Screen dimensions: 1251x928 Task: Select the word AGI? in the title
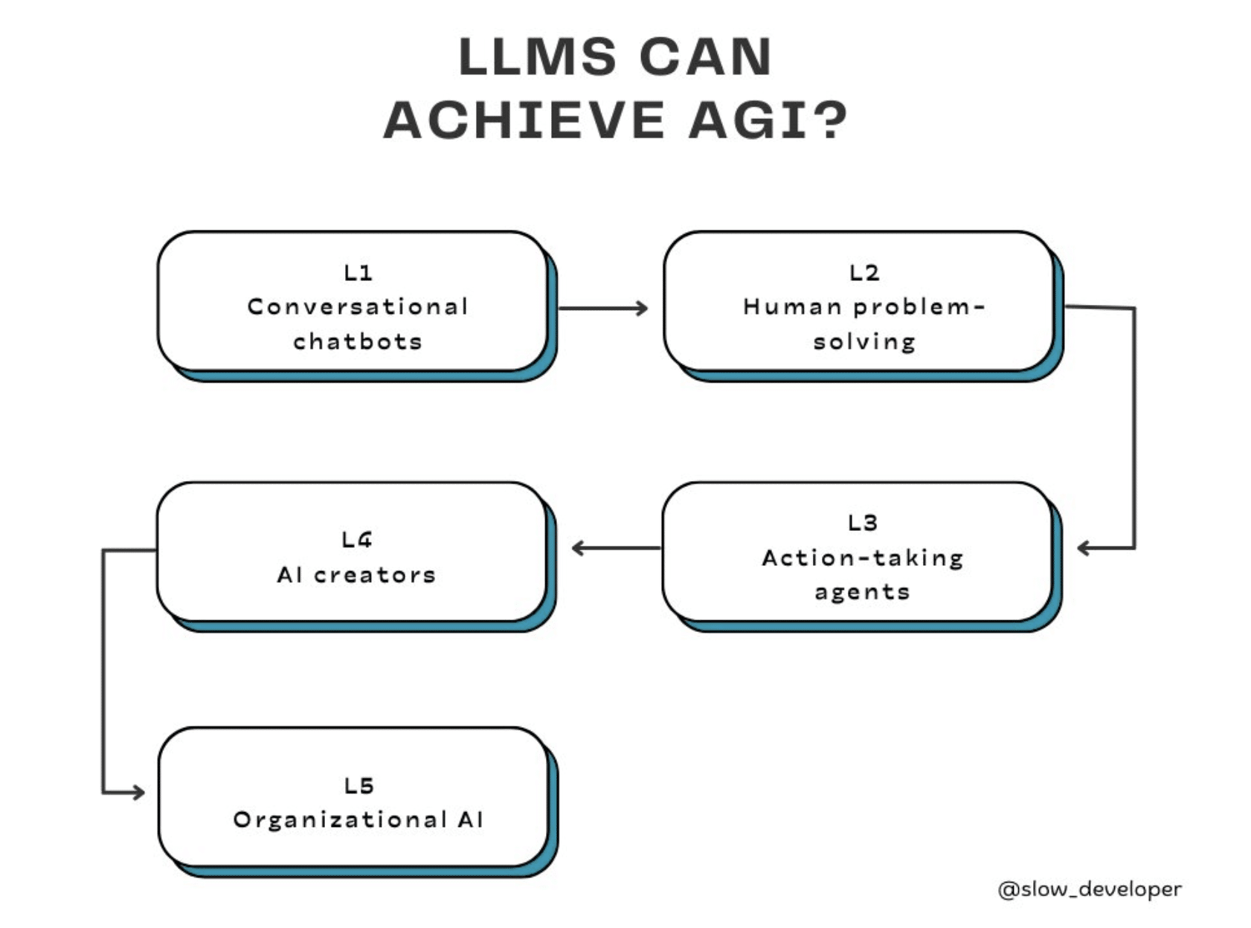pos(768,120)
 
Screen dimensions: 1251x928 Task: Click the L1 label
pos(358,273)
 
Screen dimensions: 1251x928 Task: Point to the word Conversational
pos(358,307)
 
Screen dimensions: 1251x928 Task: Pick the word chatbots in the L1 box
pos(358,341)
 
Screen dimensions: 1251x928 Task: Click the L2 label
pos(864,273)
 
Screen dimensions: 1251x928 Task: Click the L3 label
pos(863,523)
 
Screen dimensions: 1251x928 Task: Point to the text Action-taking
pos(863,558)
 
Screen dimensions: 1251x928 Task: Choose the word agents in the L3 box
pos(863,593)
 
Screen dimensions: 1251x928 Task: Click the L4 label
pos(357,540)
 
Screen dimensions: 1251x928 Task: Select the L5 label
pos(359,785)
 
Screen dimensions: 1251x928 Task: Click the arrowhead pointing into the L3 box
pos(1084,548)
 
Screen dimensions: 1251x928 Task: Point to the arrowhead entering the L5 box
pos(138,793)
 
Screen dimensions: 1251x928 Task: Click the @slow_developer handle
pos(1089,889)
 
